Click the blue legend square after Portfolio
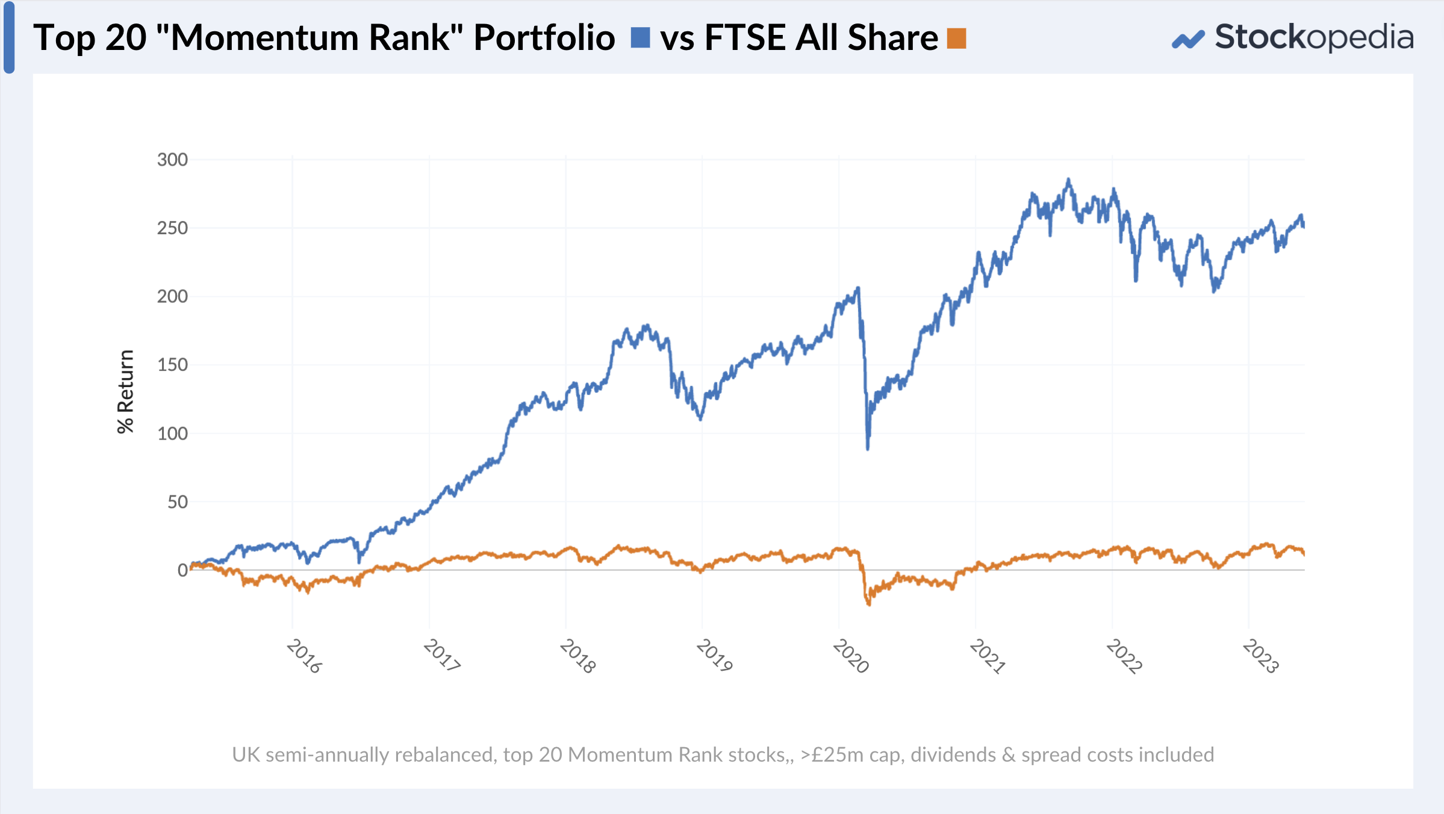(x=640, y=37)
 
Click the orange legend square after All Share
(x=956, y=38)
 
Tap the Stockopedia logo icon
(x=1187, y=40)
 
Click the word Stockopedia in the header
(x=1314, y=37)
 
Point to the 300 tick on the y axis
(x=172, y=160)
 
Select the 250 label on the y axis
(x=172, y=228)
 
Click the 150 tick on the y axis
(x=172, y=365)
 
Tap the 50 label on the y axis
(x=178, y=502)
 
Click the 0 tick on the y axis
(x=182, y=570)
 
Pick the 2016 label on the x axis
(x=304, y=656)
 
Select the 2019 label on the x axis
(x=714, y=656)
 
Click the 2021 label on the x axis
(x=988, y=656)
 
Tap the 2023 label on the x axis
(x=1260, y=656)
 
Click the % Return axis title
(x=125, y=391)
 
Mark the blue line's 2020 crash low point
(x=868, y=449)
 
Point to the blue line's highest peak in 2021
(x=1069, y=179)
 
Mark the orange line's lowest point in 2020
(x=869, y=604)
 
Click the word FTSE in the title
(x=745, y=37)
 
